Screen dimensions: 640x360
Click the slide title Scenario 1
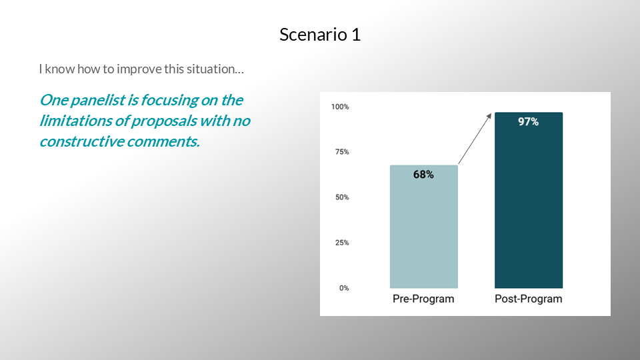(320, 35)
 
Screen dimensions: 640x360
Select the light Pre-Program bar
(424, 227)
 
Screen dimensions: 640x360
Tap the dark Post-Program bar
(529, 200)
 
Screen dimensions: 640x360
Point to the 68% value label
(423, 175)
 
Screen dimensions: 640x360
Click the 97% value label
(528, 121)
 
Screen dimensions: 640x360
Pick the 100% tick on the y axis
(340, 107)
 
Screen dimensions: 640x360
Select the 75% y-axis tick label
(342, 152)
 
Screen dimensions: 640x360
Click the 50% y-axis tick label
(342, 197)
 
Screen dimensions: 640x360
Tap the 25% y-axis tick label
(342, 243)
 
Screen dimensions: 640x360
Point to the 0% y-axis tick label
(344, 288)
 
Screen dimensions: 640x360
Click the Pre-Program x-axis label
(423, 299)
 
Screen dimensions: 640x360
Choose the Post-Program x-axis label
(528, 299)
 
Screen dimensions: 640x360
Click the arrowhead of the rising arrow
(489, 116)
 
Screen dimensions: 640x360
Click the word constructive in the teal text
(81, 141)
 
